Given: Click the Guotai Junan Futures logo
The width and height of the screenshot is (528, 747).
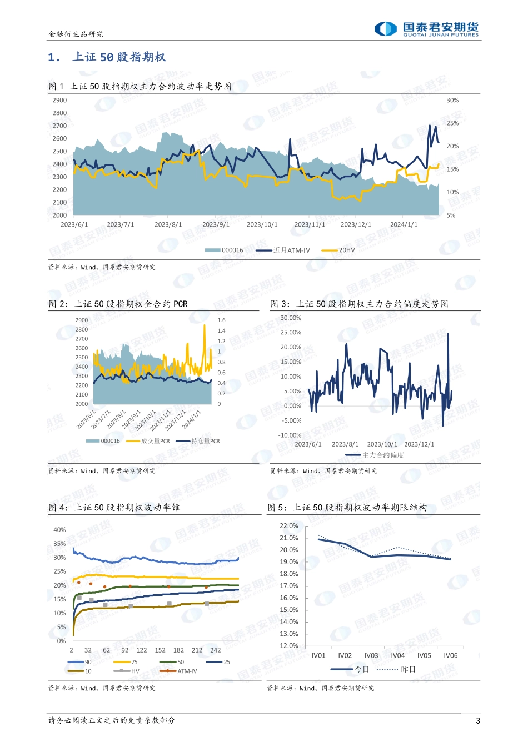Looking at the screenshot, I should pos(426,29).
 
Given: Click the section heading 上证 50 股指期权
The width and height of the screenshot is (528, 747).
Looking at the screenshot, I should pos(119,57).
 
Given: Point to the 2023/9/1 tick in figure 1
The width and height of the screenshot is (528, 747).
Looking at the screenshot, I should pos(216,225).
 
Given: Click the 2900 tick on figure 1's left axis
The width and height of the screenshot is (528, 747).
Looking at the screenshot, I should pos(59,101).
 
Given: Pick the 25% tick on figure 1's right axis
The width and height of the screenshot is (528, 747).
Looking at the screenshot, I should pos(452,123).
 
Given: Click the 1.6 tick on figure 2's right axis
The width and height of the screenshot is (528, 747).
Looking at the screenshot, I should pos(221,320).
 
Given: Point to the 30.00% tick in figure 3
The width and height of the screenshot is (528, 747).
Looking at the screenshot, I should pos(291,318).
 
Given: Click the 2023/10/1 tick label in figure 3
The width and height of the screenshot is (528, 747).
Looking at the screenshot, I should pos(382,444).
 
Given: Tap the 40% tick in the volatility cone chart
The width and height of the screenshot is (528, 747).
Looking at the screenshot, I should pos(59,530).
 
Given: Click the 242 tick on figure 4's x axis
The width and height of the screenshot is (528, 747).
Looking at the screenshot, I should pos(215,650).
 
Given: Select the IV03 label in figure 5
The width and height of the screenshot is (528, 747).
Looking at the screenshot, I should pos(371,656).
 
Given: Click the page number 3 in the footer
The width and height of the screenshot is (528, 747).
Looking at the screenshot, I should pos(477,721).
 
